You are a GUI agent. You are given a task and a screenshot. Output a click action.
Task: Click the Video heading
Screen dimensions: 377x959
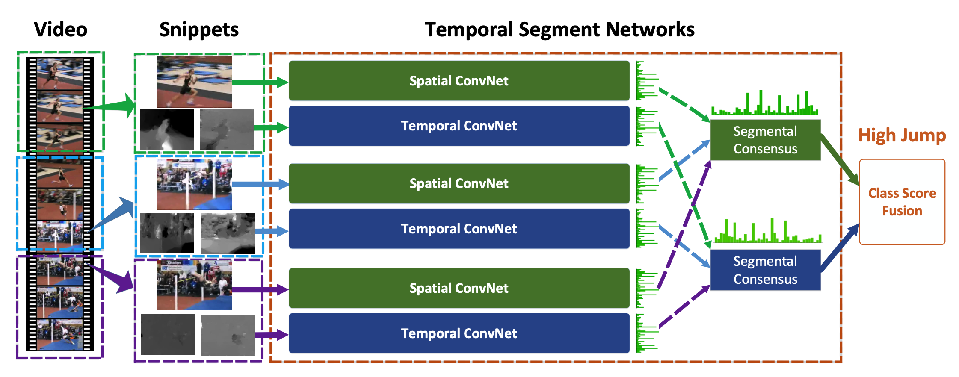pyautogui.click(x=60, y=30)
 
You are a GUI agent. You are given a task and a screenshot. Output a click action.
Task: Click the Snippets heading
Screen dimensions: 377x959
pyautogui.click(x=199, y=30)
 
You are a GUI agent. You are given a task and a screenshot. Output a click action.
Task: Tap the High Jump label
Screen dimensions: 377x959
pyautogui.click(x=902, y=135)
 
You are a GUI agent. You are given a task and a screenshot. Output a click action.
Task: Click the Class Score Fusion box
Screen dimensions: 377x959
pyautogui.click(x=902, y=202)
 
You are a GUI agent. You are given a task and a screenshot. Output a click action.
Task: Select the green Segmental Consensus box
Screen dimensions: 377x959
pyautogui.click(x=765, y=140)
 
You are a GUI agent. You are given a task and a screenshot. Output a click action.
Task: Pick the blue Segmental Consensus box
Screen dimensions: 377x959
pyautogui.click(x=765, y=270)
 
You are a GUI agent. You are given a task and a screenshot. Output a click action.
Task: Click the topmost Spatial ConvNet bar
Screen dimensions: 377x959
pyautogui.click(x=459, y=81)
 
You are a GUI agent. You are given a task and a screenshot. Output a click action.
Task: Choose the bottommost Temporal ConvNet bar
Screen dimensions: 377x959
pyautogui.click(x=459, y=333)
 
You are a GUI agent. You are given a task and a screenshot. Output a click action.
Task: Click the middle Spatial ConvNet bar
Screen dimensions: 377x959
pyautogui.click(x=459, y=183)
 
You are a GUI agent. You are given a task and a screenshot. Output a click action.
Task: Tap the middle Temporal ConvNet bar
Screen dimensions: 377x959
pyautogui.click(x=459, y=229)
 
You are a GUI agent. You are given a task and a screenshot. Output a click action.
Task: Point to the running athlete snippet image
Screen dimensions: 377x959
pyautogui.click(x=194, y=82)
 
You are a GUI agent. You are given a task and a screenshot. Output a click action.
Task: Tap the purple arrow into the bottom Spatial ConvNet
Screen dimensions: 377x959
pyautogui.click(x=259, y=289)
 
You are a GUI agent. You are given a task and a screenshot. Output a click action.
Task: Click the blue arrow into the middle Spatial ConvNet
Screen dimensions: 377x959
pyautogui.click(x=259, y=184)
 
